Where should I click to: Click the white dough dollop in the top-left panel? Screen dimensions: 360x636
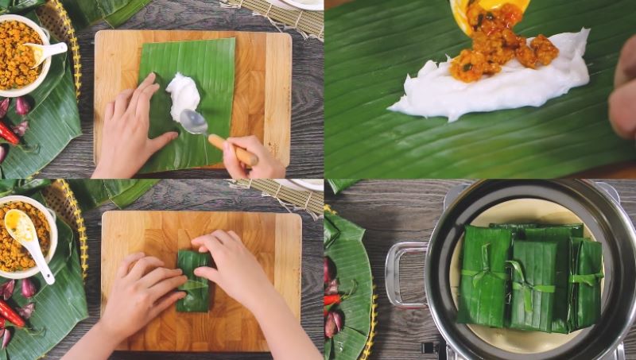(184, 95)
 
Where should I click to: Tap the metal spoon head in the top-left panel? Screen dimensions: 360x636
(193, 122)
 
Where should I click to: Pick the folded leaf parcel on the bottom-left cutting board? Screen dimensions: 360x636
(194, 282)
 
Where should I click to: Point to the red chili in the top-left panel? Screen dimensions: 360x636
(8, 132)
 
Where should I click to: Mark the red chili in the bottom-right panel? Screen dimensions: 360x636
(332, 300)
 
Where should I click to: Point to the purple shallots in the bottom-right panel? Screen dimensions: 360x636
(333, 321)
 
